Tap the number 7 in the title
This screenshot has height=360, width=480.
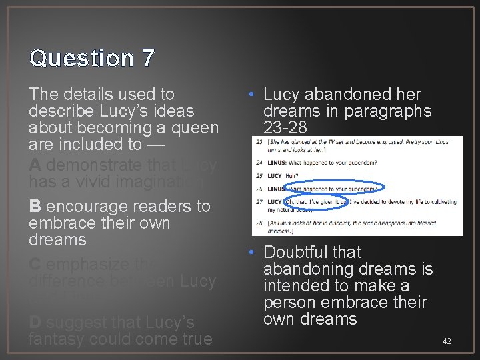pos(147,58)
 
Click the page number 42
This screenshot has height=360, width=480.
pos(447,341)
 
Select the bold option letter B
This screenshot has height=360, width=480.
pos(35,207)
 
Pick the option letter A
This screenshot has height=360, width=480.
pos(35,165)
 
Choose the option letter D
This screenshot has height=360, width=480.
pos(35,322)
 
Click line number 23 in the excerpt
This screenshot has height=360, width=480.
pos(258,143)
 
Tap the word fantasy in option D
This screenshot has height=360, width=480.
pos(56,339)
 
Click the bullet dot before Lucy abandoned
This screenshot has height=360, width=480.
pos(255,95)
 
